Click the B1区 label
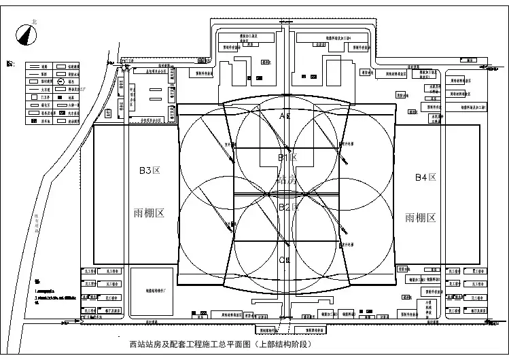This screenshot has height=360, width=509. [287, 158]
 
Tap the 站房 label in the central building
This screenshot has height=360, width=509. [288, 181]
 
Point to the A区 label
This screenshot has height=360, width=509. [286, 116]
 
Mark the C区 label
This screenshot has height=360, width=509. [285, 259]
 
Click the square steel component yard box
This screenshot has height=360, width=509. [150, 291]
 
